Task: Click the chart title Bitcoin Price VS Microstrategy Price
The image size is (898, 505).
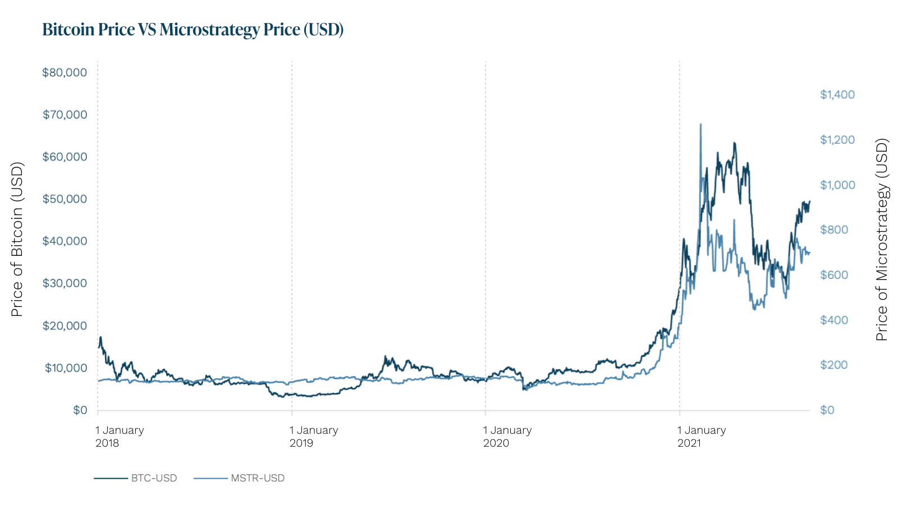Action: click(193, 29)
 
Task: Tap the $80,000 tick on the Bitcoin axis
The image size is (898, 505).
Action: click(65, 72)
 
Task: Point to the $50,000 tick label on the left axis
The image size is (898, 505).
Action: click(65, 199)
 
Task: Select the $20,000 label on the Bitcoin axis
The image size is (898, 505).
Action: click(65, 326)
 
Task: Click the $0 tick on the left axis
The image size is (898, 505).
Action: click(80, 410)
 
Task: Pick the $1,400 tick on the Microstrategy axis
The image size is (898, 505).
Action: click(837, 94)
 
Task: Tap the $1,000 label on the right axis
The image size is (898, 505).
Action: click(837, 185)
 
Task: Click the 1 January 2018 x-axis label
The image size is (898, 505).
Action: click(119, 437)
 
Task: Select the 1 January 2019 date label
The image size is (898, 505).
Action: click(313, 437)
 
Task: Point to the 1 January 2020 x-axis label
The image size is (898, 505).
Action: click(507, 437)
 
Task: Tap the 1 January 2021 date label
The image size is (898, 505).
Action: click(701, 437)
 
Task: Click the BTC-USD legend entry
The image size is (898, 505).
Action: click(136, 478)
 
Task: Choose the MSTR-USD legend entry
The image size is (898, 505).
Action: click(240, 478)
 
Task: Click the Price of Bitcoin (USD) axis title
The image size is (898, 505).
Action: click(17, 240)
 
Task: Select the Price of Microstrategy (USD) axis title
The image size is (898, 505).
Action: click(882, 240)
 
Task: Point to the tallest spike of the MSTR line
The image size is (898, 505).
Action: click(700, 125)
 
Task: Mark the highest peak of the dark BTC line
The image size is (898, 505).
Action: click(734, 143)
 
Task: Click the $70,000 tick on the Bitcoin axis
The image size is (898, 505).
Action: click(65, 115)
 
